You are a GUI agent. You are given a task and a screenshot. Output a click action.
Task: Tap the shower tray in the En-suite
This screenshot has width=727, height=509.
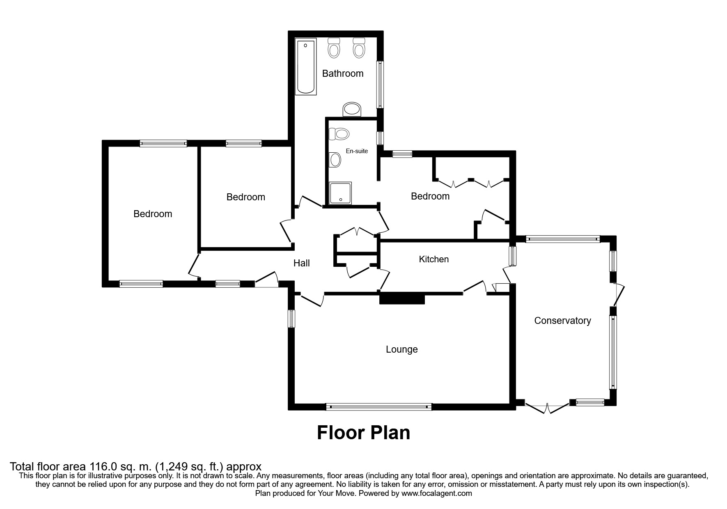tap(340, 193)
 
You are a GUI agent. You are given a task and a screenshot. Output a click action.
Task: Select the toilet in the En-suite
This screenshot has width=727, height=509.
tap(340, 134)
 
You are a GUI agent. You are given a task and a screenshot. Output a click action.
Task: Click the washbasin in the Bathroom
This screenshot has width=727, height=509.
tap(352, 109)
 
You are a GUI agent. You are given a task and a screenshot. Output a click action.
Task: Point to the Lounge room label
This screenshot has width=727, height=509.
tap(401, 349)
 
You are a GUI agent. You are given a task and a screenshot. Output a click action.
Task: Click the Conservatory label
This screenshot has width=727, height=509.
tap(562, 321)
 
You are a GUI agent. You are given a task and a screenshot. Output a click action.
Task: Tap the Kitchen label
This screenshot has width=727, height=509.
tap(433, 259)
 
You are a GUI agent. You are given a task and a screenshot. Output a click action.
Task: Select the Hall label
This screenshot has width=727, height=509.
tap(301, 263)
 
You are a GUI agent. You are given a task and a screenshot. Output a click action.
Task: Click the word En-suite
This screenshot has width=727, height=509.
tap(357, 151)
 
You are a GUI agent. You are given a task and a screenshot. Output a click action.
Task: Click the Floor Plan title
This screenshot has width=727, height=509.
tap(363, 433)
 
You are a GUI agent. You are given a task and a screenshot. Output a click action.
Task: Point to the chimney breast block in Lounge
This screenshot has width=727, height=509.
tap(401, 298)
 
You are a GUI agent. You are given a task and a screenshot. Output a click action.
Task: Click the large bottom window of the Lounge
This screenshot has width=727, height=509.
tap(378, 407)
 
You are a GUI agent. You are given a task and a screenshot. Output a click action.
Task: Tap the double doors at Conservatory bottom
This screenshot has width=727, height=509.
tap(547, 408)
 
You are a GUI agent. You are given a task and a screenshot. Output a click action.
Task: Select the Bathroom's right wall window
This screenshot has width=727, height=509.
tap(380, 85)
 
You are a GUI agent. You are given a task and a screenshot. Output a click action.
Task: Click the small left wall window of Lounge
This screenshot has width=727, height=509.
tap(291, 319)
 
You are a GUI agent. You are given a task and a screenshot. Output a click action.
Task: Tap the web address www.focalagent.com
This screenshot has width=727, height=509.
tap(436, 493)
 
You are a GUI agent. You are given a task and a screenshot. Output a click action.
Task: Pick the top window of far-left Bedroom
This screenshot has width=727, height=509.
tap(163, 143)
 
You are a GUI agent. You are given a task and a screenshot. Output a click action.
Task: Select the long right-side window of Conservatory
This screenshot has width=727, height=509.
tap(612, 352)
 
